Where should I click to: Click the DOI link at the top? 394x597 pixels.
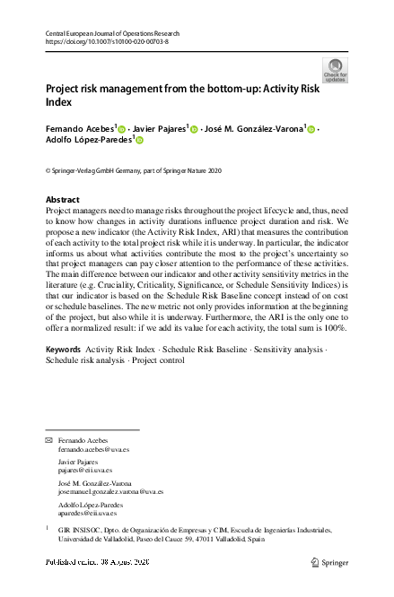[105, 41]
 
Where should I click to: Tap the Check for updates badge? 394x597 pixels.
[335, 70]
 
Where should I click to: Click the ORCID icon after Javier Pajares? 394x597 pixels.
[194, 130]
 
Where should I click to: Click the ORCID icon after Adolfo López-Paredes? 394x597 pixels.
[140, 141]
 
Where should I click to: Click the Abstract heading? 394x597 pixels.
[62, 200]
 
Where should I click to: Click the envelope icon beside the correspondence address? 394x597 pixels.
[49, 440]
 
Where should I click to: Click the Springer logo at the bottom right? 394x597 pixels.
[328, 562]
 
